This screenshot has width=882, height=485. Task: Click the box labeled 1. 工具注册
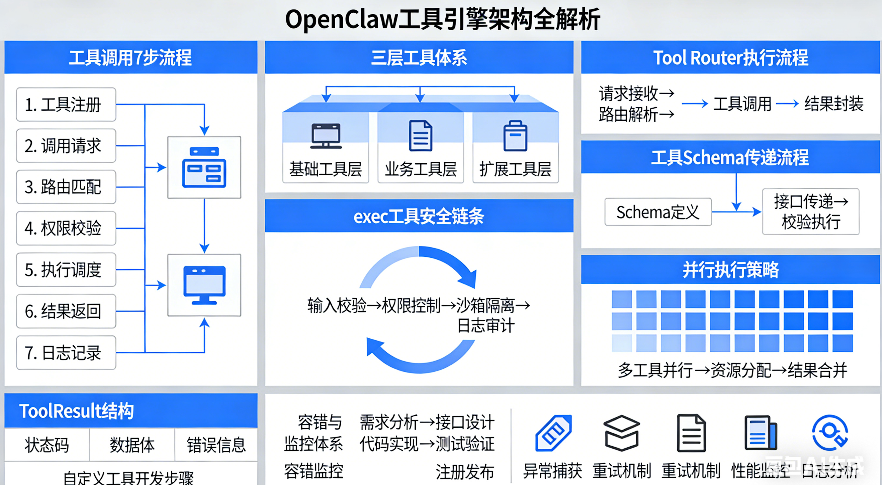click(x=66, y=104)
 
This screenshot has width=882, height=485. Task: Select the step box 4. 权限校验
click(x=66, y=228)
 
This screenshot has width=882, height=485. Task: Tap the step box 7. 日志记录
click(x=66, y=353)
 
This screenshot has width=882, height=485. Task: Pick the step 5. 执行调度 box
click(x=66, y=270)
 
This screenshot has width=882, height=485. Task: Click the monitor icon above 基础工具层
click(x=326, y=136)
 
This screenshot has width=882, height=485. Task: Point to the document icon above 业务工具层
click(x=420, y=135)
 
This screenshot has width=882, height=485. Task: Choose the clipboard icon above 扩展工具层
click(x=515, y=136)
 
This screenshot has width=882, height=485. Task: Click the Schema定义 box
click(x=658, y=212)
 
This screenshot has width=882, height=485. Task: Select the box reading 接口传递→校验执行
click(x=810, y=211)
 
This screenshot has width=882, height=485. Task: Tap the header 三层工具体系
click(x=419, y=58)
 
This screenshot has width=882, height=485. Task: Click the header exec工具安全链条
click(x=419, y=216)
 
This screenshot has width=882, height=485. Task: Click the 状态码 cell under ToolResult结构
click(x=47, y=444)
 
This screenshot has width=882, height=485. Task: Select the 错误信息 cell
click(x=216, y=444)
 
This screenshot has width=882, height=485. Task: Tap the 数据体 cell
click(x=132, y=444)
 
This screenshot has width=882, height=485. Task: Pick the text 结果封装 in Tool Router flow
click(x=834, y=104)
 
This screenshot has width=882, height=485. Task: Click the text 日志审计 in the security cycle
click(x=486, y=325)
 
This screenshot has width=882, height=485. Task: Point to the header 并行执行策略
click(x=730, y=270)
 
